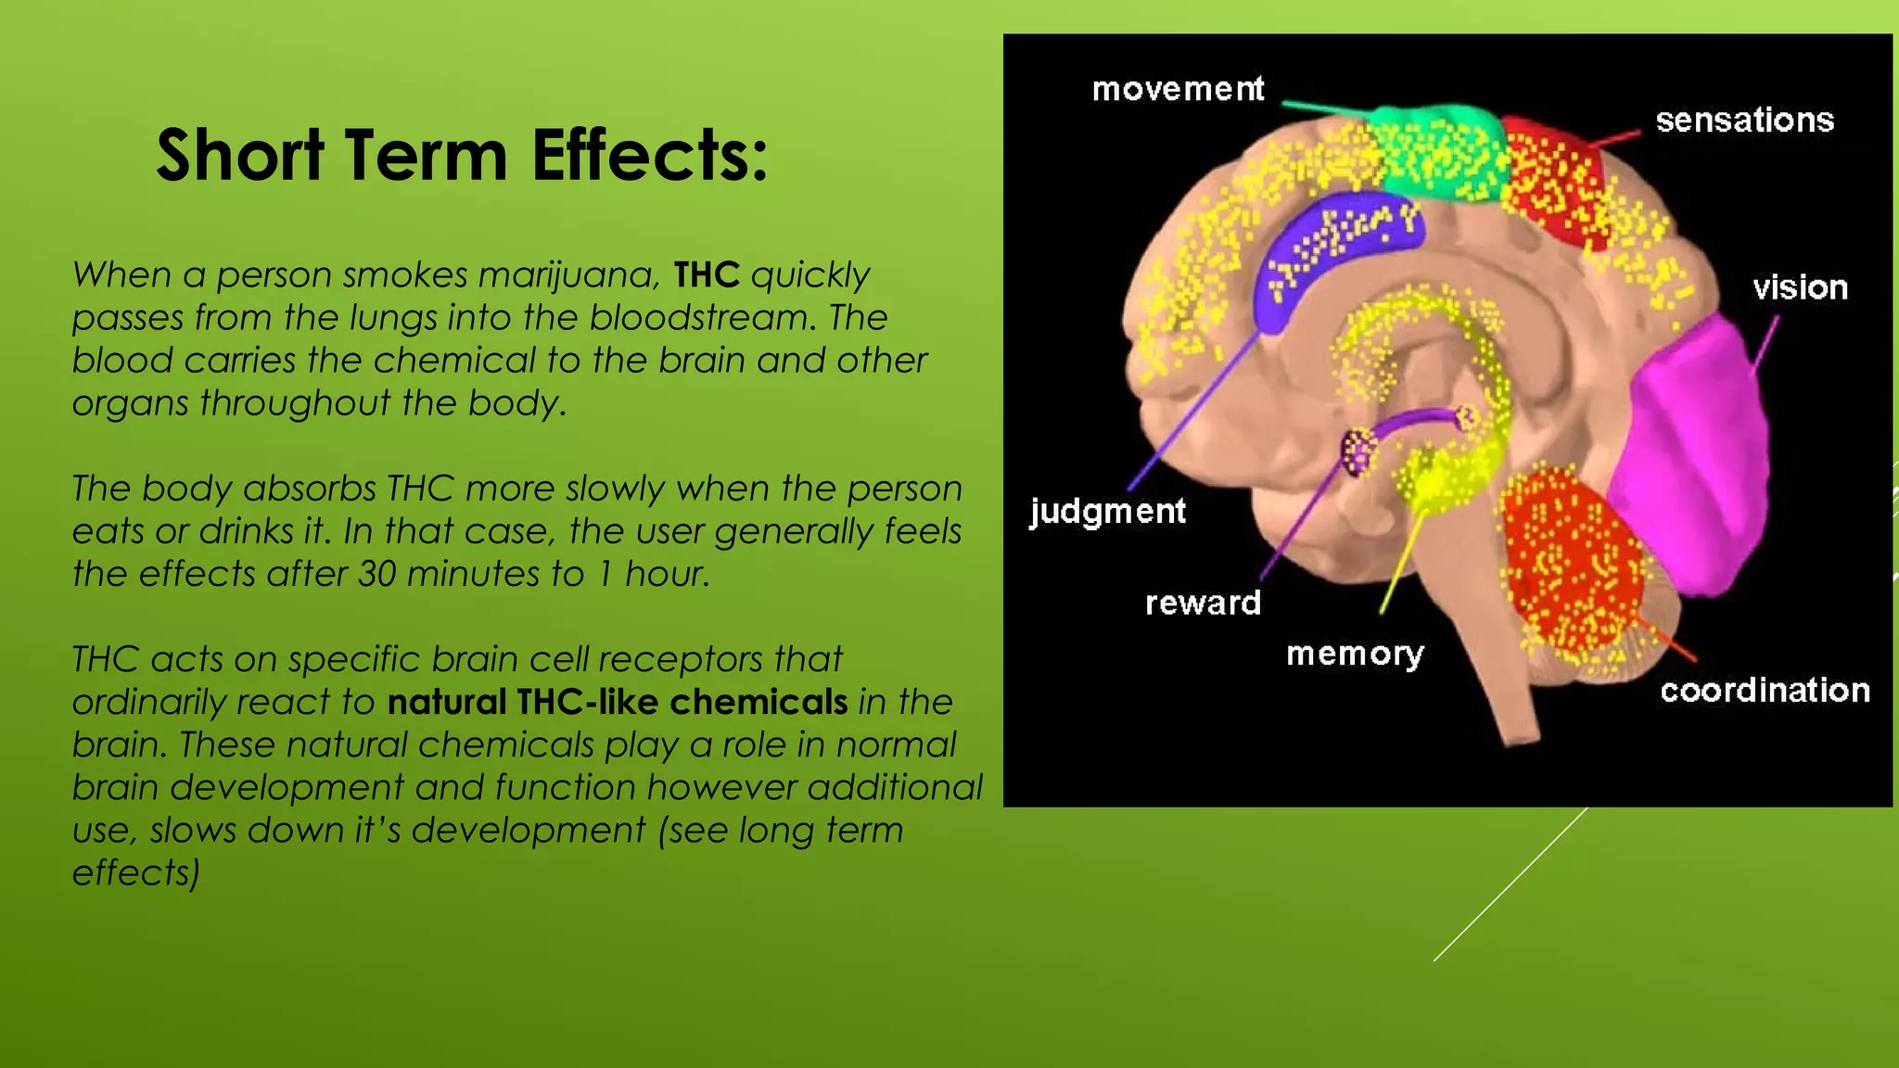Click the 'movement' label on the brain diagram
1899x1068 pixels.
point(1178,89)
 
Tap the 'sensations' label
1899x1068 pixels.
point(1744,121)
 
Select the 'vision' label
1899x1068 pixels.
point(1800,287)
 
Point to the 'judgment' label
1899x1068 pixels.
point(1107,511)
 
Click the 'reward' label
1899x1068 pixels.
point(1203,604)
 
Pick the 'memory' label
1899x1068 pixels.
point(1355,655)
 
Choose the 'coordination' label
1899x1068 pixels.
point(1765,691)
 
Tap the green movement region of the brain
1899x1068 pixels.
point(1437,148)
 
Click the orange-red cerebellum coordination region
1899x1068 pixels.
point(1567,556)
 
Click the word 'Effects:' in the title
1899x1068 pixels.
point(650,155)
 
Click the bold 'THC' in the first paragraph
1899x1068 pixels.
point(707,275)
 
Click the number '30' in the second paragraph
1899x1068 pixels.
point(377,575)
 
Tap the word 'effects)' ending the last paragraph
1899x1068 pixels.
point(136,873)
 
